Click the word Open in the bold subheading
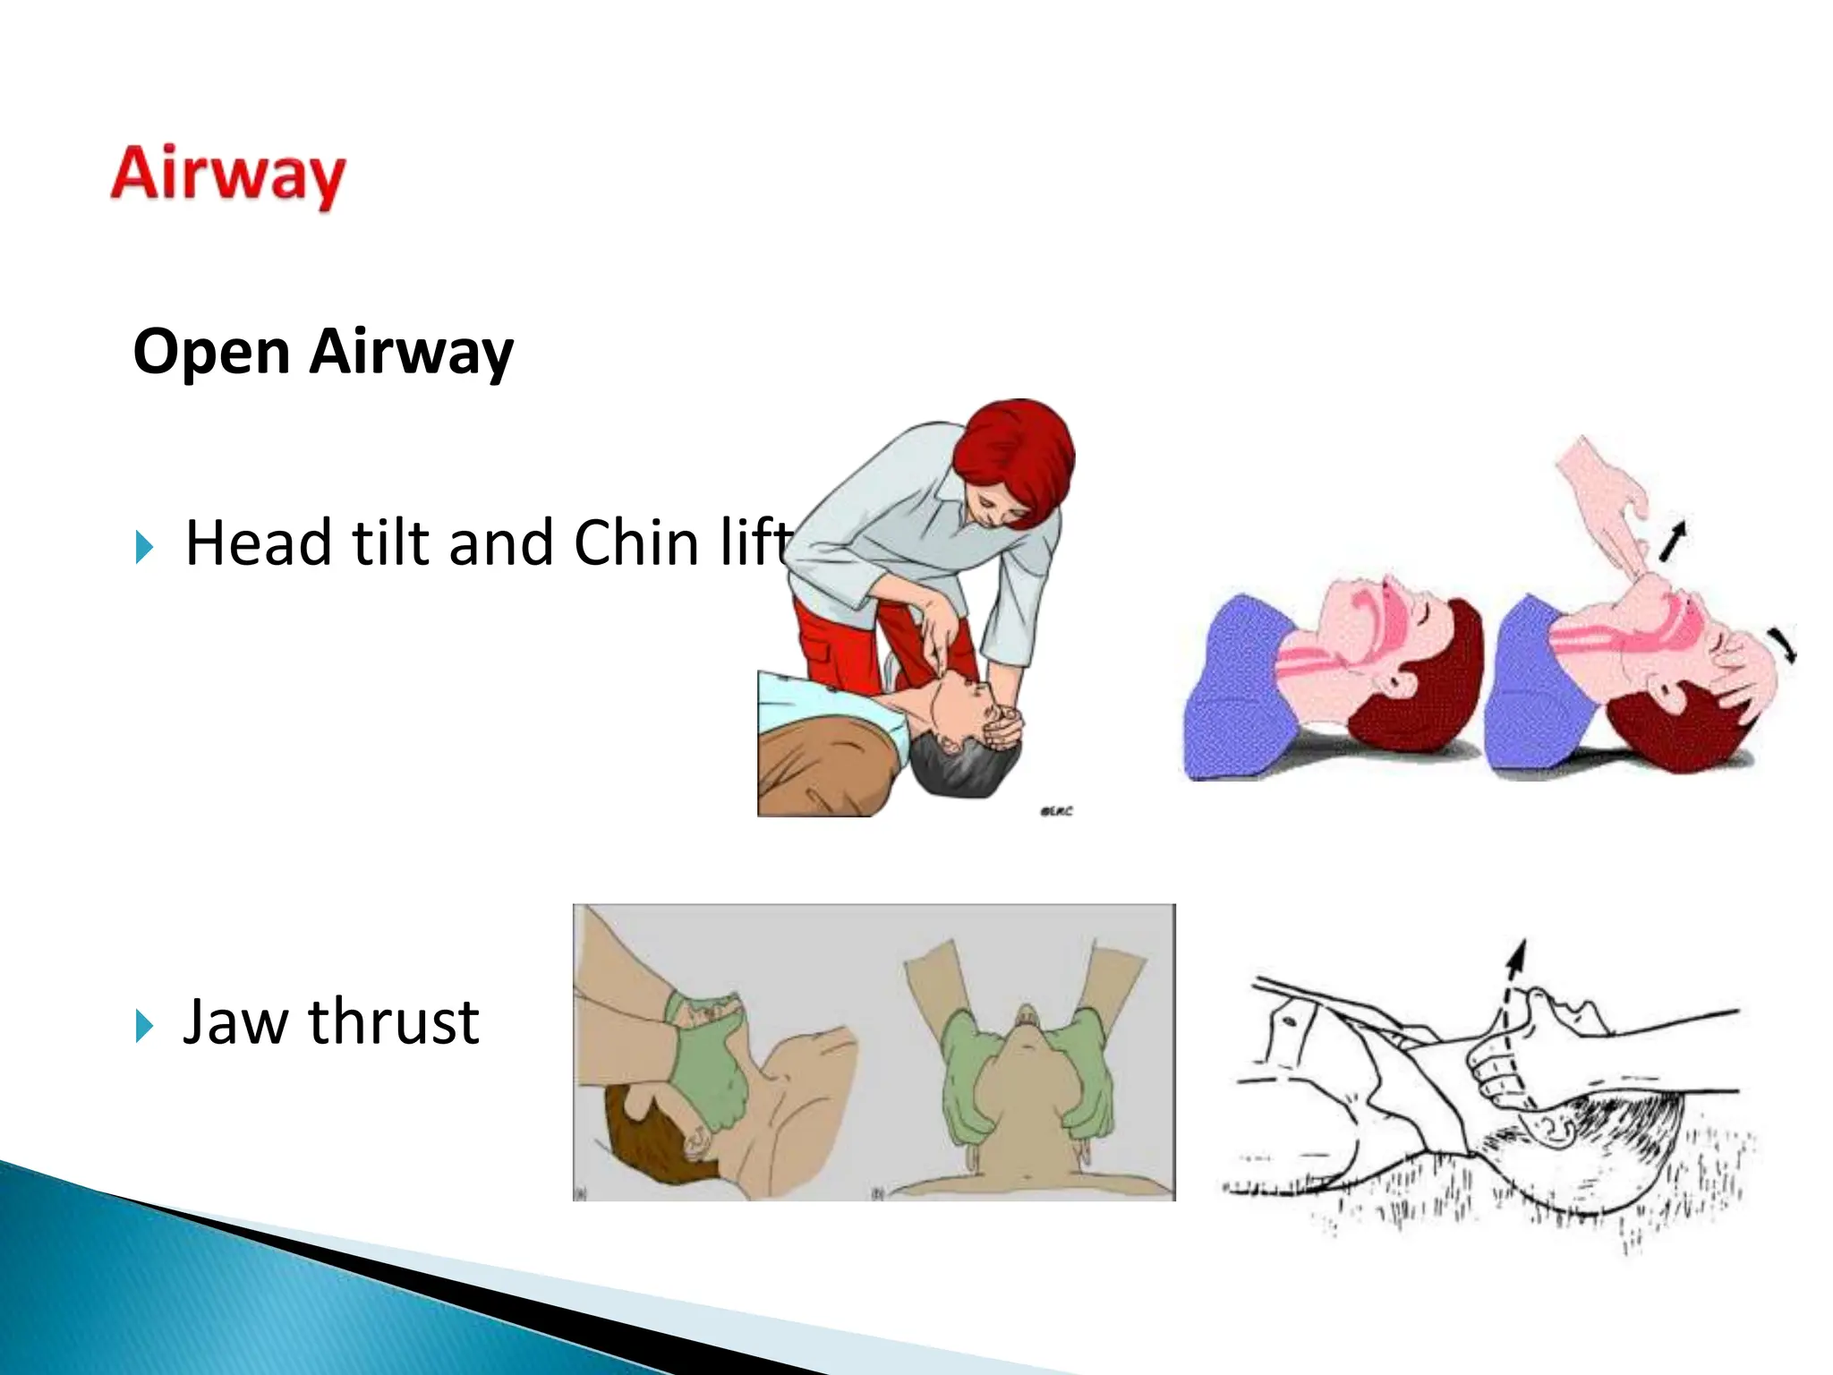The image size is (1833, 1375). tap(211, 351)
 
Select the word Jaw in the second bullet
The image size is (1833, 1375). tap(234, 1021)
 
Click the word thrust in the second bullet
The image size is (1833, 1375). tap(394, 1021)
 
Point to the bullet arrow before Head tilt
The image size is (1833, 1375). tap(145, 546)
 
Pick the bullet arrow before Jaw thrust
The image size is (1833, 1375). tap(145, 1025)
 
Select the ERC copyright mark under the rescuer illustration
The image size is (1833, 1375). tap(1056, 811)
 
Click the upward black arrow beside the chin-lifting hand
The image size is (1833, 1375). tap(1672, 540)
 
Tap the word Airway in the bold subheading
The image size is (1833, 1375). tap(412, 351)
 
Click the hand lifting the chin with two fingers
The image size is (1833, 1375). tap(1602, 501)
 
